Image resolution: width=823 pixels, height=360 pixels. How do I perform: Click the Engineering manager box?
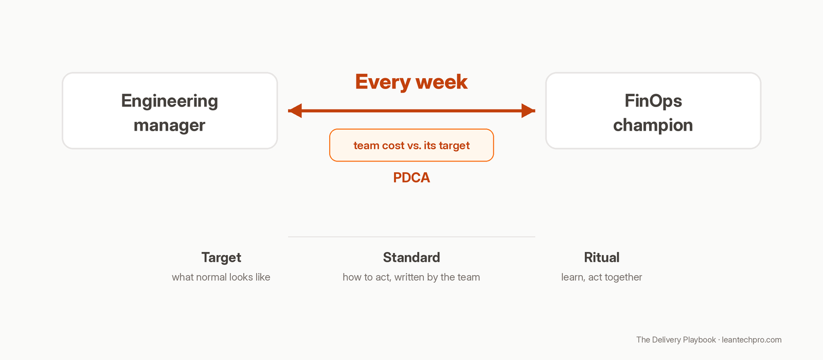[170, 111]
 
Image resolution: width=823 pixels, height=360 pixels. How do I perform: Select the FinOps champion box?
[653, 111]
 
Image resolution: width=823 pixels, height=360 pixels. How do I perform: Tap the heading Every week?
[411, 82]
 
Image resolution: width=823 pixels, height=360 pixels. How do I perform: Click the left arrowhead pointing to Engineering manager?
[295, 111]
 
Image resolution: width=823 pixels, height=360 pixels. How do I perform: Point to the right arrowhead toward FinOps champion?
[528, 111]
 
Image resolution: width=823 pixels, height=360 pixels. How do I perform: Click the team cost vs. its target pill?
[411, 145]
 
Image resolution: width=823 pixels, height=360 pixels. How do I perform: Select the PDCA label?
[411, 177]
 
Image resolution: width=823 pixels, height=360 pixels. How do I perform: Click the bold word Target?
[221, 258]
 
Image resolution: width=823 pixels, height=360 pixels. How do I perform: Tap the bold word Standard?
[411, 257]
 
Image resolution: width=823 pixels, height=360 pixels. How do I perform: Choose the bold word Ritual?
[602, 257]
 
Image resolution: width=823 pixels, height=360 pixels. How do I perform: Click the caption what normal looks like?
[221, 277]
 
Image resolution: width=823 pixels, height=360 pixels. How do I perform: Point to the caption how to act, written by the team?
[411, 277]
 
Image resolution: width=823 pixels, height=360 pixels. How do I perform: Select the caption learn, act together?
[602, 277]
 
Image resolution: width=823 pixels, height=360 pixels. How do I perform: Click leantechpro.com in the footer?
[752, 340]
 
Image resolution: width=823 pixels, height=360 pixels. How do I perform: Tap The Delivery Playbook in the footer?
[676, 340]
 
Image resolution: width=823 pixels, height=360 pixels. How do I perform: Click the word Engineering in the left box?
[170, 101]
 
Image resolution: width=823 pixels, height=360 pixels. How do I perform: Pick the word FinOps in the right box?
[653, 101]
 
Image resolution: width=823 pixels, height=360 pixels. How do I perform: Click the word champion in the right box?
[653, 125]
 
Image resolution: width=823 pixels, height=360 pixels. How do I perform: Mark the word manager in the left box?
[170, 125]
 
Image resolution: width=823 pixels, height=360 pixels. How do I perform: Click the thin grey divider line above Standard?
[411, 237]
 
